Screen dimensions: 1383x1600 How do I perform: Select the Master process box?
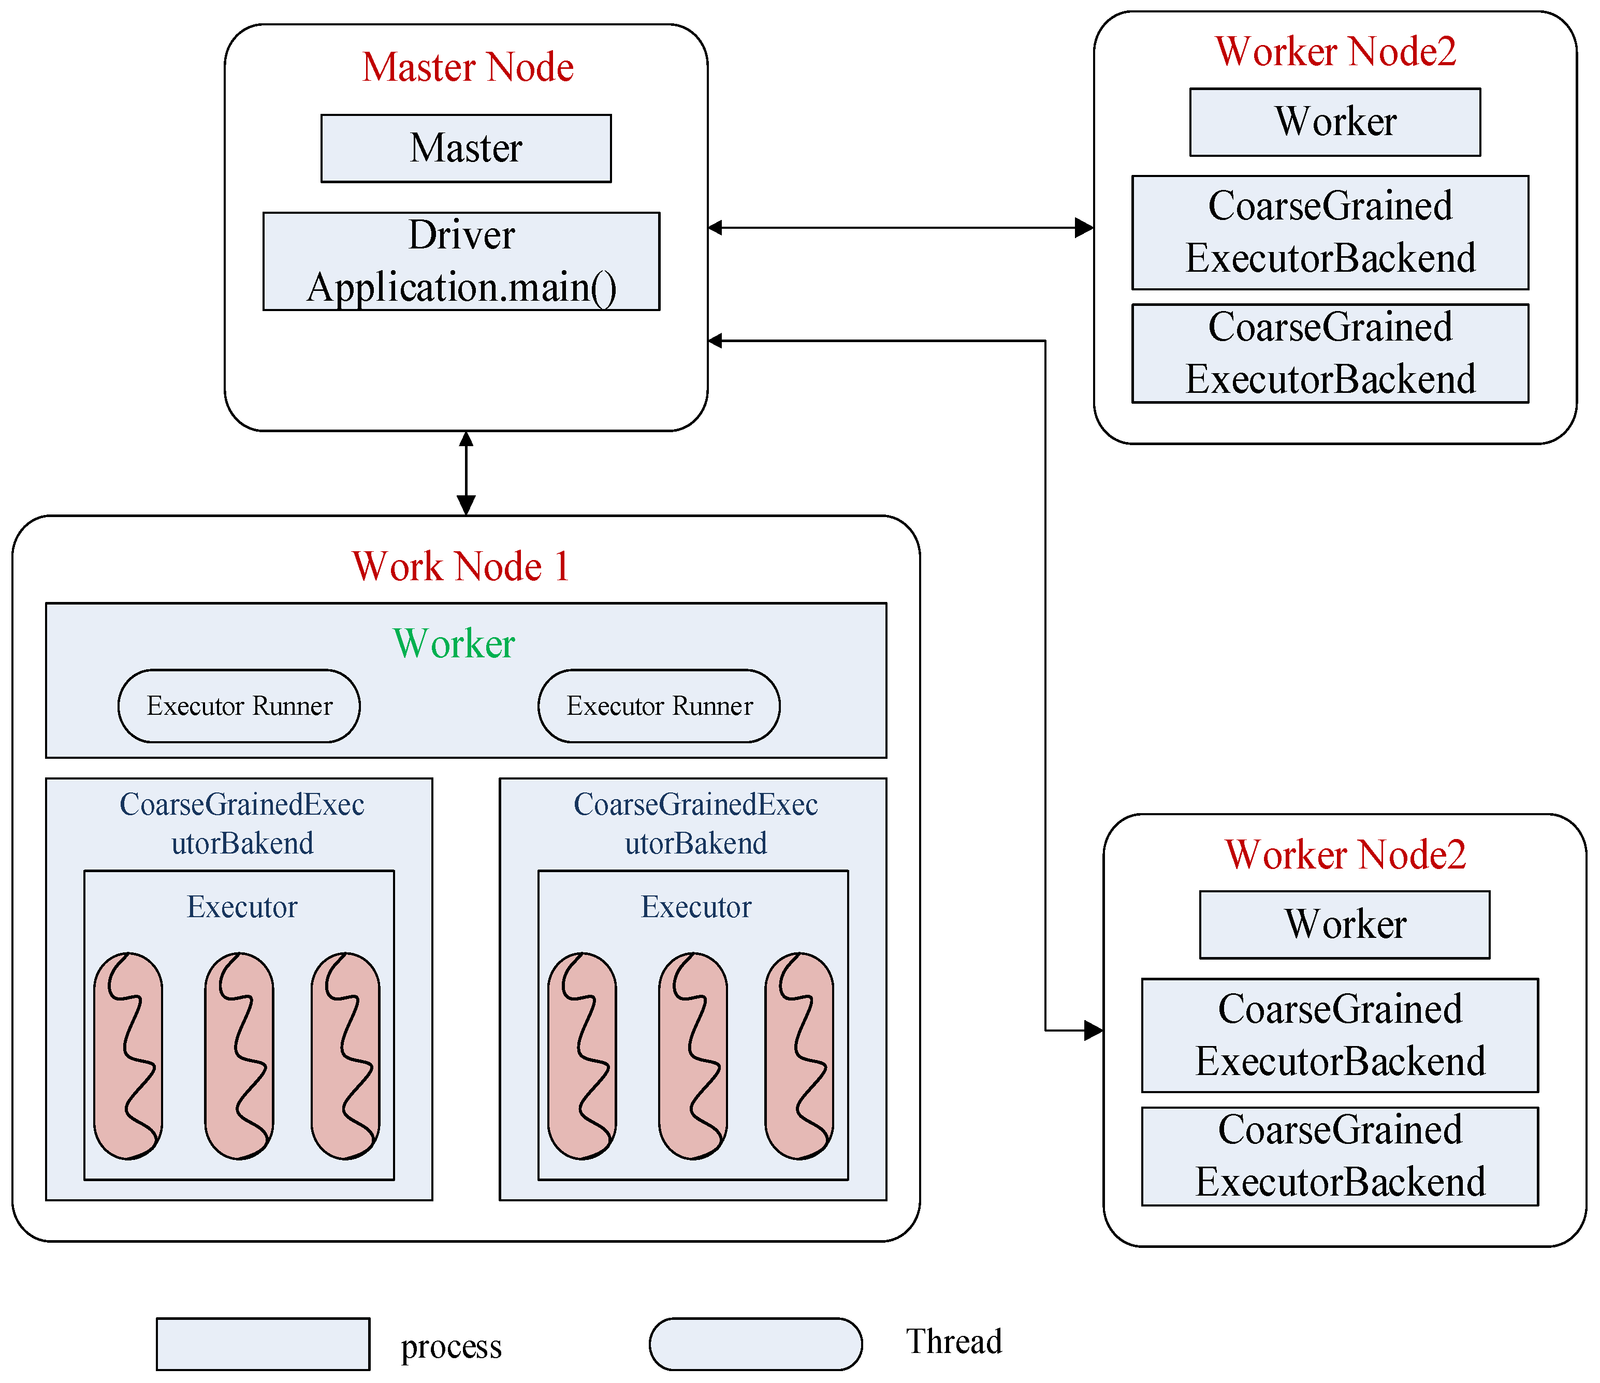466,148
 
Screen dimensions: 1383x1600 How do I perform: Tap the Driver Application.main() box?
461,261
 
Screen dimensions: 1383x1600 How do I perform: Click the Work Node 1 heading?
461,566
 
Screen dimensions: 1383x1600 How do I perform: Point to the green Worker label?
454,644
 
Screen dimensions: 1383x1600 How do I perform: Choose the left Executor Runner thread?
239,706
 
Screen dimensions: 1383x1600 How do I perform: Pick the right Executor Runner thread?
659,706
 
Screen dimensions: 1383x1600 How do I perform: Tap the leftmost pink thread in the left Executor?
128,1056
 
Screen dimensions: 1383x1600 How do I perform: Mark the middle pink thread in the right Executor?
693,1056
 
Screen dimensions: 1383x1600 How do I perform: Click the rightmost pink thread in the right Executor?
799,1056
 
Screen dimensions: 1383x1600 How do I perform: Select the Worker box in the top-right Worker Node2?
1334,122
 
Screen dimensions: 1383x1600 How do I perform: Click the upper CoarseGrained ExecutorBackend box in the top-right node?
1330,232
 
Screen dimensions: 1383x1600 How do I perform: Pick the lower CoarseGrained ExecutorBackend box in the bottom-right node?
1340,1156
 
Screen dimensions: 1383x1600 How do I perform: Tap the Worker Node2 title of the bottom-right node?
1345,855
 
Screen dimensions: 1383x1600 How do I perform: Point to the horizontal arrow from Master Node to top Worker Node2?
899,228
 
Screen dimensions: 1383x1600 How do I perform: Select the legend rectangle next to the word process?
263,1344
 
